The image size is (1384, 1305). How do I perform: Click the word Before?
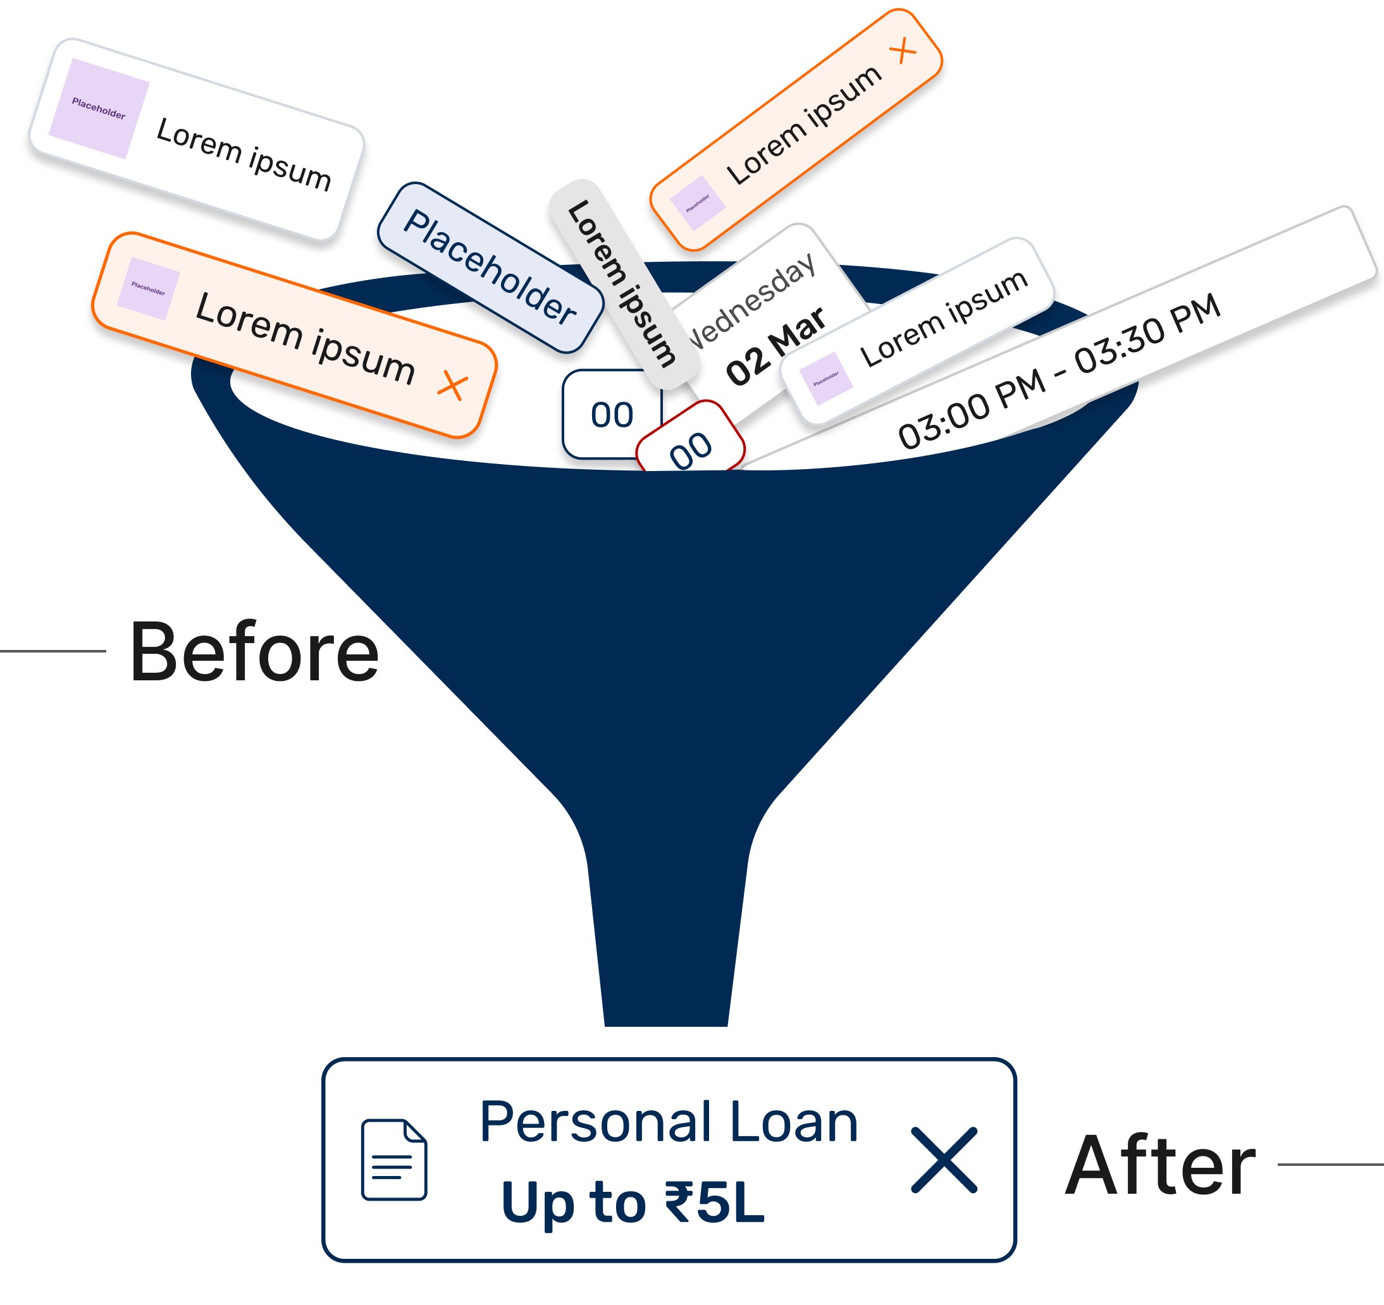point(254,652)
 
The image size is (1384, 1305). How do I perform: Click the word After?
point(1161,1165)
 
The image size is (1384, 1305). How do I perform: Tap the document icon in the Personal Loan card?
point(394,1160)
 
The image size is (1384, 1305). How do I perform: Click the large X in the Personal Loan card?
point(944,1160)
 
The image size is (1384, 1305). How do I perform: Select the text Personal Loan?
point(669,1123)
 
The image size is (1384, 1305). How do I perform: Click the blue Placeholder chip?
point(490,267)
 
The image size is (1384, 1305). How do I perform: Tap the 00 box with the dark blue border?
point(611,415)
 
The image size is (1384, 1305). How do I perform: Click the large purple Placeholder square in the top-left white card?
point(99,109)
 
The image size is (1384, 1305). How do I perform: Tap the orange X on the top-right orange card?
point(904,51)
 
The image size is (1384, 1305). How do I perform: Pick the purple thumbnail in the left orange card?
point(148,288)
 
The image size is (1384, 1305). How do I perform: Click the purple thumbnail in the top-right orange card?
point(698,202)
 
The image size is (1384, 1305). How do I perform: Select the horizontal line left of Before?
point(53,651)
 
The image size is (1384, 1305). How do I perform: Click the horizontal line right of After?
point(1330,1165)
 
